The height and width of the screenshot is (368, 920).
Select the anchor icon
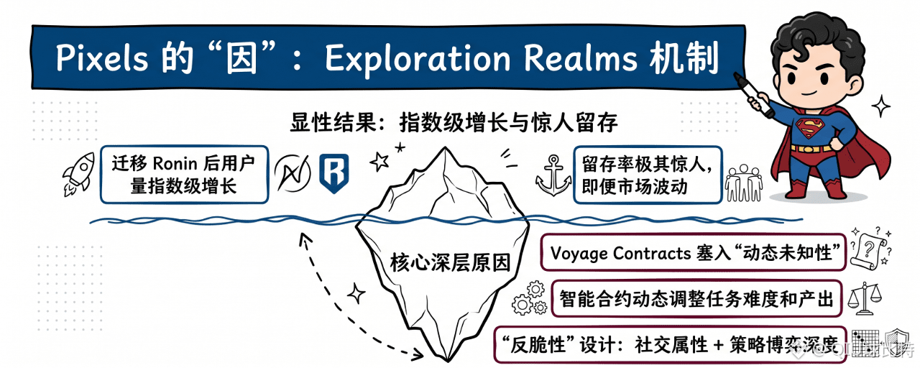pyautogui.click(x=553, y=175)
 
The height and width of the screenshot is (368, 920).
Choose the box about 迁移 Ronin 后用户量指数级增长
pyautogui.click(x=183, y=174)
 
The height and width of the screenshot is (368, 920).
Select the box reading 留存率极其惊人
pyautogui.click(x=647, y=174)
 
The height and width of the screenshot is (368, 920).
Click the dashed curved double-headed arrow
pyautogui.click(x=338, y=302)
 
